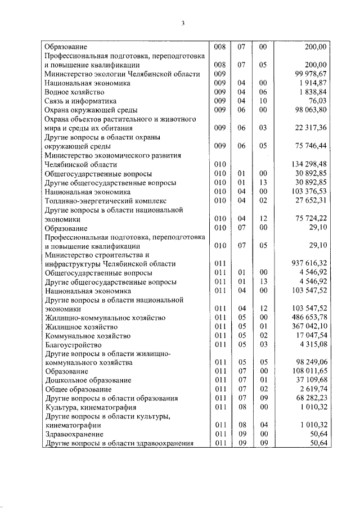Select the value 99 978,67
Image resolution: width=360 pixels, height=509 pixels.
(308, 74)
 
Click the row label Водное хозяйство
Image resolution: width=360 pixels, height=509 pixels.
(74, 92)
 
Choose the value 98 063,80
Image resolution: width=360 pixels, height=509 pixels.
(308, 110)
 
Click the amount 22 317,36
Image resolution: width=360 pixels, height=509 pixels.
(308, 128)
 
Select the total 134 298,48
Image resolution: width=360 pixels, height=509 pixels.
(307, 164)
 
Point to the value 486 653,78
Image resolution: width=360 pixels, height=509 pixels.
(307, 318)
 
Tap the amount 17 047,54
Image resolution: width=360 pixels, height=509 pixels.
(308, 336)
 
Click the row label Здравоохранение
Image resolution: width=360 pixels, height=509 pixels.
(74, 435)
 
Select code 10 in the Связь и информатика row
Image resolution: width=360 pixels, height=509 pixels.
(262, 101)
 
